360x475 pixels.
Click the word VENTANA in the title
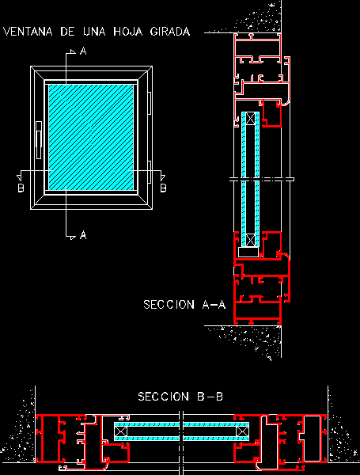click(28, 32)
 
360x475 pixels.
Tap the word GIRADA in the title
click(170, 32)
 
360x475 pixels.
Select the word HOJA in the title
click(127, 32)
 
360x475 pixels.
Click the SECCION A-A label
click(184, 305)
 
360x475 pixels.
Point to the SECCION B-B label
click(180, 397)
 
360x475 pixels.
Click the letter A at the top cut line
click(83, 51)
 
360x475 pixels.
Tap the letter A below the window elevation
click(83, 235)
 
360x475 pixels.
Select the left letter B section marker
click(21, 188)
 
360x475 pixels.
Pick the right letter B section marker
click(163, 188)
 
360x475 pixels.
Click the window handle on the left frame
click(39, 140)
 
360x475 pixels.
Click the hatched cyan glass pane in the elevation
click(91, 137)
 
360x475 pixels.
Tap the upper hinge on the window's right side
click(150, 103)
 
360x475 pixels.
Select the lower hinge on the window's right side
click(150, 172)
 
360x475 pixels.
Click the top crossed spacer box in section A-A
click(250, 118)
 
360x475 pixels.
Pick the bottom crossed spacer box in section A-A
click(250, 240)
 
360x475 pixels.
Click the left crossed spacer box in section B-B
click(121, 431)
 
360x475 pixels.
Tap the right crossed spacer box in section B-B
click(243, 431)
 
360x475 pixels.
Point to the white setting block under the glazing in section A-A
click(248, 252)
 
